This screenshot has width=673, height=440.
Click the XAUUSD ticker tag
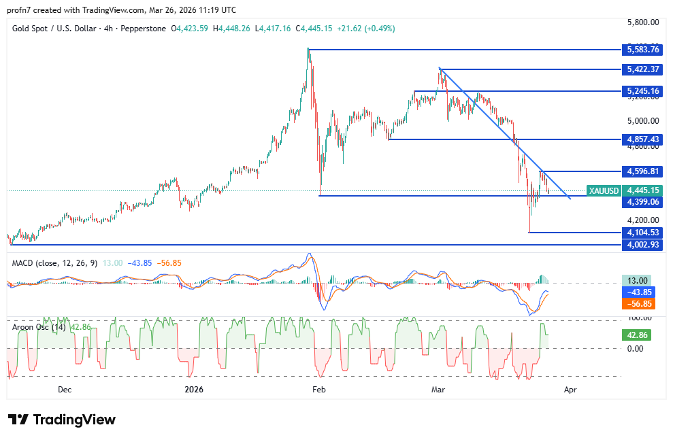tap(602, 190)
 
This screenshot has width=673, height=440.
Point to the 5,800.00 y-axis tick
tap(643, 22)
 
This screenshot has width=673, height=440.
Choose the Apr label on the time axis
tap(570, 390)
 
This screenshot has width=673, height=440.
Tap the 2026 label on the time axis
tap(195, 390)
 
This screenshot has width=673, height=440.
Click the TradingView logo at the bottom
tap(62, 420)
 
